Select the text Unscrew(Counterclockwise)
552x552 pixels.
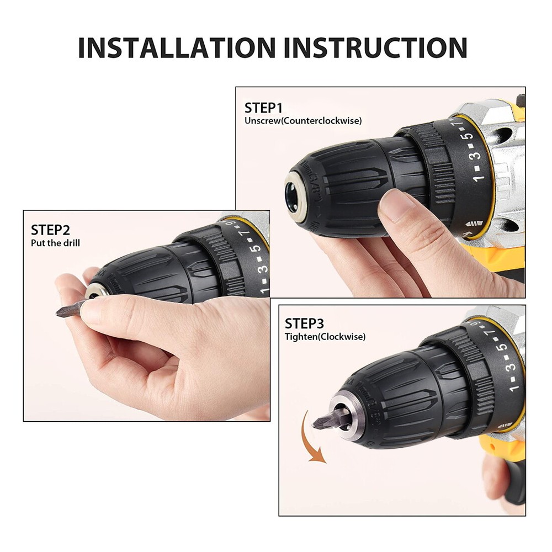(303, 121)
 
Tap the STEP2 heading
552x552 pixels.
(50, 230)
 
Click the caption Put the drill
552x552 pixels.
(55, 243)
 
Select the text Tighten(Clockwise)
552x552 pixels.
(325, 336)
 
